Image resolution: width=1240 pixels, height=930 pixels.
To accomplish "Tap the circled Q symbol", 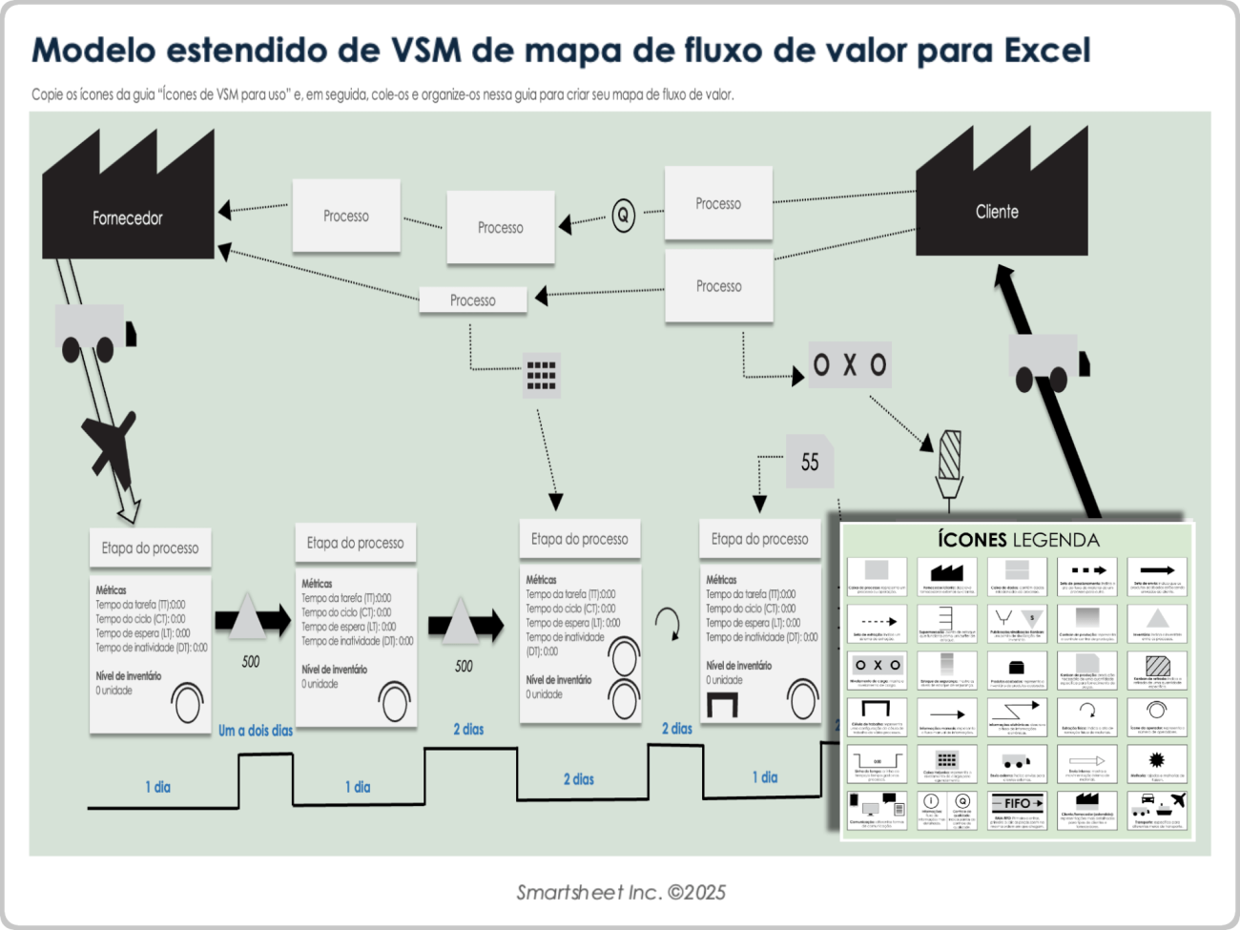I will (623, 215).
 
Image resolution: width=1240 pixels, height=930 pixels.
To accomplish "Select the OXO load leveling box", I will (850, 364).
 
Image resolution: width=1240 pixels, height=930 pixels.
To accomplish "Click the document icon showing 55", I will (810, 462).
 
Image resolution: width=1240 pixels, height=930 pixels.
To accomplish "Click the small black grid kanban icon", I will (541, 375).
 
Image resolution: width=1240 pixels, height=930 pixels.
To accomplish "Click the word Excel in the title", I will (1046, 50).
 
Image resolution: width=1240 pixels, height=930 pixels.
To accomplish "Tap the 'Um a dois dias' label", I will (255, 731).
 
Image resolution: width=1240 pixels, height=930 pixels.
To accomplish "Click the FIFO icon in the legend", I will (1018, 803).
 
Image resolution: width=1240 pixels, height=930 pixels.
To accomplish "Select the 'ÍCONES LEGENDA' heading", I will (1018, 540).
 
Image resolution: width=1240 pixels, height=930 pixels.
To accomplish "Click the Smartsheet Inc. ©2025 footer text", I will (621, 893).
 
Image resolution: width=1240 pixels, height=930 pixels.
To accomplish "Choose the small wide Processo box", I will (472, 300).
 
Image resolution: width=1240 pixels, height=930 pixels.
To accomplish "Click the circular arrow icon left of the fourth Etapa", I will (669, 626).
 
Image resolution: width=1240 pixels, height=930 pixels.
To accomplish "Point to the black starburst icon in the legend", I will (1157, 759).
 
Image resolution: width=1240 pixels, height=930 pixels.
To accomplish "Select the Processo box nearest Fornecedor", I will (345, 217).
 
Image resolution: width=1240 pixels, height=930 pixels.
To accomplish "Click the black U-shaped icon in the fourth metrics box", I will (722, 705).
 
